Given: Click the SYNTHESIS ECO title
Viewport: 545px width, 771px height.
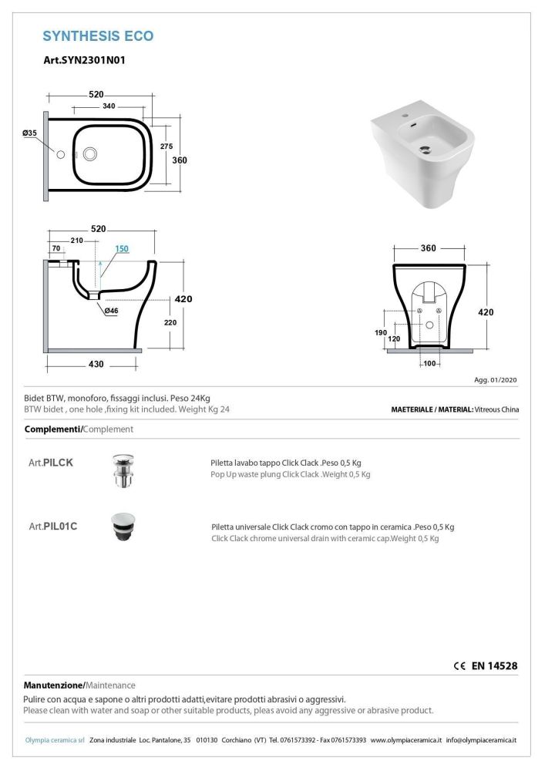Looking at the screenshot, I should [x=98, y=35].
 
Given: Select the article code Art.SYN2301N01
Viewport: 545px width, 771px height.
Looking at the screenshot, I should [x=84, y=59].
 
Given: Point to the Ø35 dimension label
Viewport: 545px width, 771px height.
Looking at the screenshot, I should [x=30, y=133].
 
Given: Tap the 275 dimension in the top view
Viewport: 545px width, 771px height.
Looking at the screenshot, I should [x=165, y=146].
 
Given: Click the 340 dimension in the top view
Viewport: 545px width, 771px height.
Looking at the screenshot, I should [x=109, y=106].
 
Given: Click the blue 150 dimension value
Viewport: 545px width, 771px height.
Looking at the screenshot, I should [x=122, y=248].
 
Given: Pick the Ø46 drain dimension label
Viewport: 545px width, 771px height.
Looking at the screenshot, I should [x=111, y=310].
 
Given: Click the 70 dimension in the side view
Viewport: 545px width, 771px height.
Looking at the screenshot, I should [x=55, y=248].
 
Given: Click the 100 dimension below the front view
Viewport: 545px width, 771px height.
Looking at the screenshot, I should [x=429, y=362].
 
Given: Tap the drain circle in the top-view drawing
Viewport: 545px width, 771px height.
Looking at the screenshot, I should [x=91, y=154].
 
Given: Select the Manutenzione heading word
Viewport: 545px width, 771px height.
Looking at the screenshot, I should [x=53, y=685].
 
